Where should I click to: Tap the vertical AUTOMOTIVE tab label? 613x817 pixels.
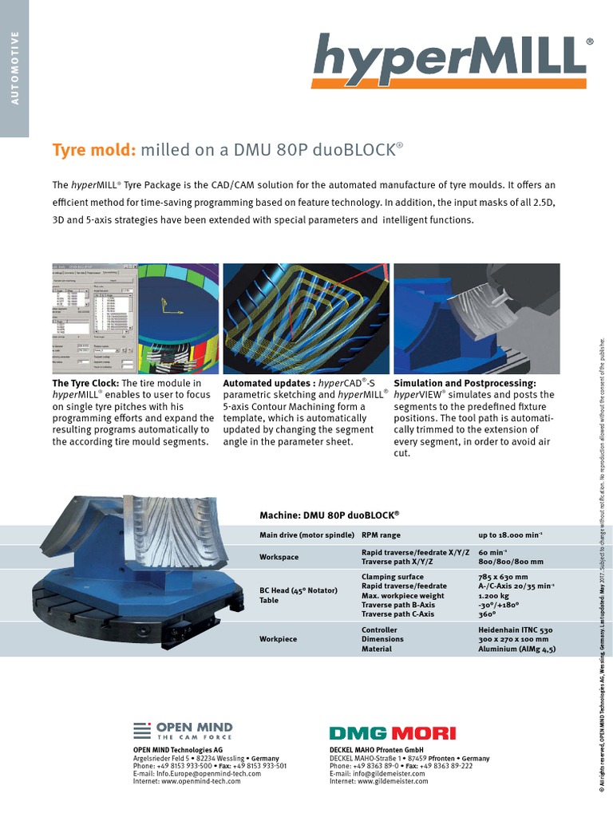[x=14, y=67]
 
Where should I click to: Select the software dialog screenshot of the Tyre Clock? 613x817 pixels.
[x=95, y=319]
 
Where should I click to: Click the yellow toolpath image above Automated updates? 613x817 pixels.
[x=306, y=319]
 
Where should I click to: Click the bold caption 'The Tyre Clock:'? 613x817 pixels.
[x=89, y=384]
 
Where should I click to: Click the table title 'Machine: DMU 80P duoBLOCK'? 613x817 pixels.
[x=329, y=515]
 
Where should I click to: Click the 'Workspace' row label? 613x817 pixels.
[x=279, y=557]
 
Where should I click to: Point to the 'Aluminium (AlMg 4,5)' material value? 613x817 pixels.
[x=516, y=649]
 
